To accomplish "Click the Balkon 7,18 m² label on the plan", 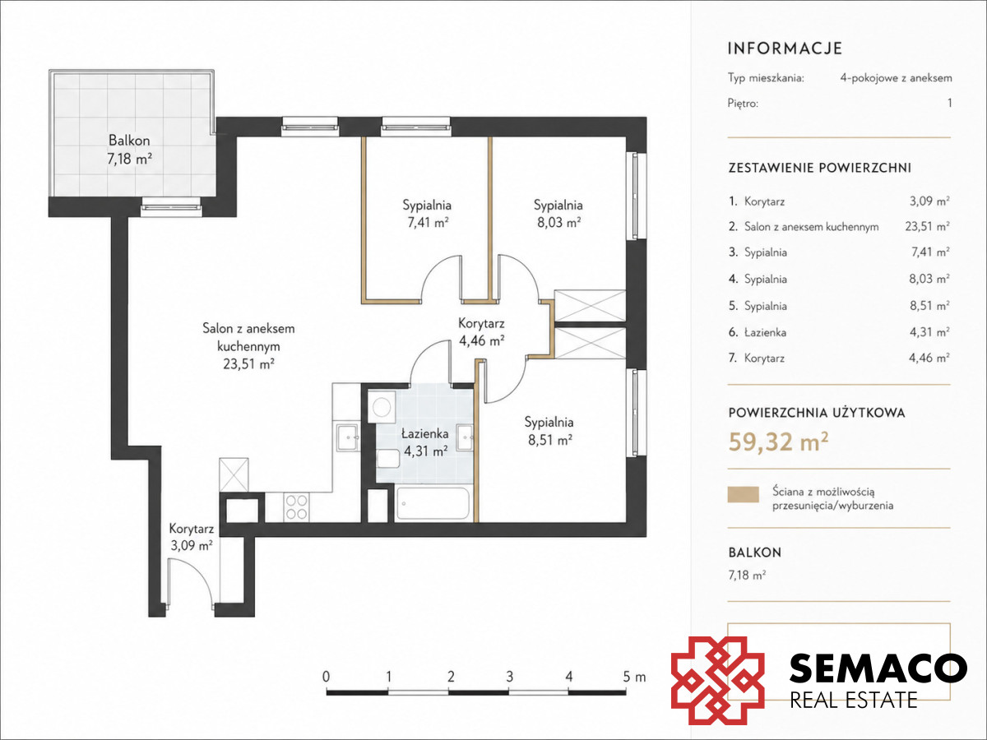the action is pos(129,150).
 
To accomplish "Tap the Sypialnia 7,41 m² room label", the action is pos(427,214).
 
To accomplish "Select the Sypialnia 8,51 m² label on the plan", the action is pos(549,431).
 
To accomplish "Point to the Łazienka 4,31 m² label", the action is pos(425,442).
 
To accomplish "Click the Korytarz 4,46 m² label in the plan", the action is pos(481,331).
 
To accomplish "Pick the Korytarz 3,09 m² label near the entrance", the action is pos(191,537).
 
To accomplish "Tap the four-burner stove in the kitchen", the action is pos(297,507).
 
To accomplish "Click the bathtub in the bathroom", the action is pos(433,504).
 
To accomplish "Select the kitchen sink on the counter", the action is pos(347,437).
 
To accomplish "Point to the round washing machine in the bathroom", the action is pos(382,407).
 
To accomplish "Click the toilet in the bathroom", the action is pos(388,459).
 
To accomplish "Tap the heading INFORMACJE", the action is pos(785,49).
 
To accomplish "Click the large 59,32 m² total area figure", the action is pos(778,442).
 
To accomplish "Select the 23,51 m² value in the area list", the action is pos(927,226).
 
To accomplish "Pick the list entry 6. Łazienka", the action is pos(758,332).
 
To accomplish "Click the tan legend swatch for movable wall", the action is pos(744,494).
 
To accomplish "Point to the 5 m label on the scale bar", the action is pos(634,677).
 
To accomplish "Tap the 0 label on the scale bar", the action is pos(326,677).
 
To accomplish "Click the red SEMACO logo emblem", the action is pos(718,681).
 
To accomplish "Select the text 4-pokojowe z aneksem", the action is pos(897,78).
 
